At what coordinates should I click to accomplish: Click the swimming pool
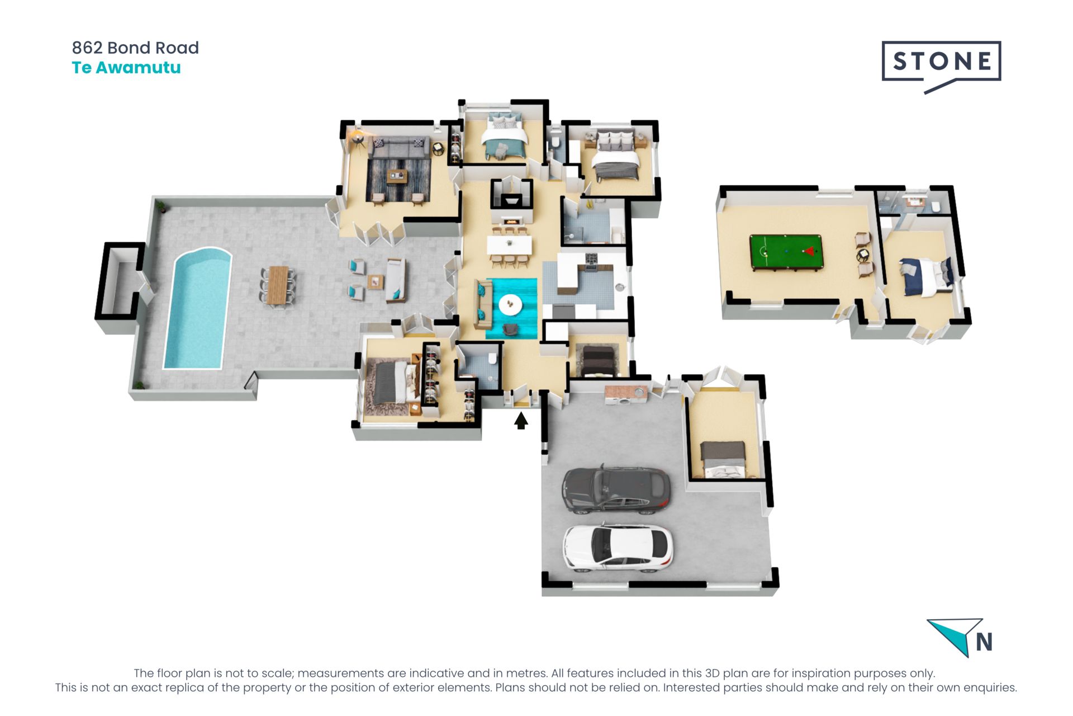point(197,309)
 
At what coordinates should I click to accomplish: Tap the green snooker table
point(786,252)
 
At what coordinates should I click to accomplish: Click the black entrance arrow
point(521,421)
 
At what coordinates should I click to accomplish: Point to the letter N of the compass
point(984,642)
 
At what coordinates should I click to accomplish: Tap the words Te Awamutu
point(126,68)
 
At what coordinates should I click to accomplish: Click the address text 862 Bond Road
point(135,48)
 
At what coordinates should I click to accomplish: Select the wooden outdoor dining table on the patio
point(278,285)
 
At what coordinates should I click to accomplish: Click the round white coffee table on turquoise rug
point(510,305)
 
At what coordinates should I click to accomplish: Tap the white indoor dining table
point(509,245)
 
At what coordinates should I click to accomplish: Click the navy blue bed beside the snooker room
point(927,277)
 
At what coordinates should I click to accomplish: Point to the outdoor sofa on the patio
point(396,280)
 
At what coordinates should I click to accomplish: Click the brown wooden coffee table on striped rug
point(398,177)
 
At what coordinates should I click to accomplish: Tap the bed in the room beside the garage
point(723,459)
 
